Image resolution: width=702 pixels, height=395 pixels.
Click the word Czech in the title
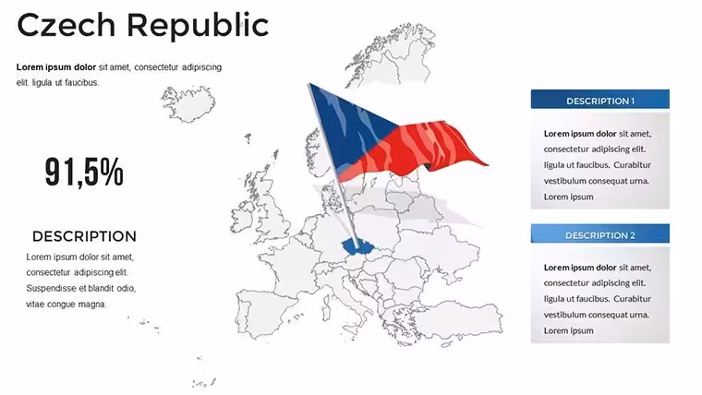point(67,25)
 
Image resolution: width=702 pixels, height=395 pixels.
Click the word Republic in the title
point(198,26)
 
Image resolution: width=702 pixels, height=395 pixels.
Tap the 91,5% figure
point(84,172)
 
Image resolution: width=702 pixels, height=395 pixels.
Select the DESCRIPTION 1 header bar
point(599,100)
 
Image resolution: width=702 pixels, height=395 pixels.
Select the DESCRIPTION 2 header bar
point(599,234)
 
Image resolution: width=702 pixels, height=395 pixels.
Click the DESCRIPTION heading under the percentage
point(84,236)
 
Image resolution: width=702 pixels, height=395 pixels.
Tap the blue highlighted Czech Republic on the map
point(358,246)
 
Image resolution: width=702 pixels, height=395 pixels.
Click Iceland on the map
point(188,103)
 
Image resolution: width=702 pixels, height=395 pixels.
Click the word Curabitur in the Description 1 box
point(632,164)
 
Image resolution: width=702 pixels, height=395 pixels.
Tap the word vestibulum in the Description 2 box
point(564,315)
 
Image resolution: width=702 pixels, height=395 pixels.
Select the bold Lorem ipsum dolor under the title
point(56,67)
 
